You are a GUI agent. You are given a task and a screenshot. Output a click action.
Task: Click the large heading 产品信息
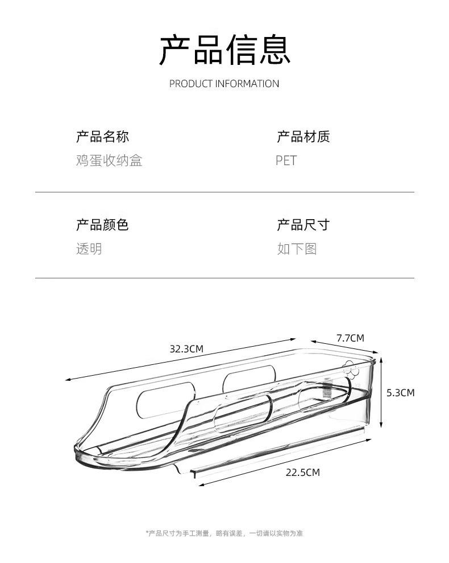224,50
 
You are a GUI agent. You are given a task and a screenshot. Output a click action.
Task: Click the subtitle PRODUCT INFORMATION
224,84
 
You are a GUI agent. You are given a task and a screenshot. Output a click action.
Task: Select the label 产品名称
102,137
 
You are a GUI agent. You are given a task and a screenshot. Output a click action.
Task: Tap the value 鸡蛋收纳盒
109,161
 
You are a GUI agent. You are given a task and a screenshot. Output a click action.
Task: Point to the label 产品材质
303,137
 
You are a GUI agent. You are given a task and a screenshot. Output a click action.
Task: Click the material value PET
286,161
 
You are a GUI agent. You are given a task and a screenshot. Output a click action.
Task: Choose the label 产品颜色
102,225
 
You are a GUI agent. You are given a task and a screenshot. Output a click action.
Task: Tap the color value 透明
89,249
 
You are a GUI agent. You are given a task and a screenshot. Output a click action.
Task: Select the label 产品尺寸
303,225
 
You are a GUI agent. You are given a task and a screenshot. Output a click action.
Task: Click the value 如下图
297,249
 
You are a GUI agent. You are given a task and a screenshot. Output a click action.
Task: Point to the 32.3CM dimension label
186,349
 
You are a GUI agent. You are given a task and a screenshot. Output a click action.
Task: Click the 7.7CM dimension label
350,338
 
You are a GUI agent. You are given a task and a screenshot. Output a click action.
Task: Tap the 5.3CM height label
400,392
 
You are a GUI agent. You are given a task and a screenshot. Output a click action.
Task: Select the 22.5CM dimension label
302,472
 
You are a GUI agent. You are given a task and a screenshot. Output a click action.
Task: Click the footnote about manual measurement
224,533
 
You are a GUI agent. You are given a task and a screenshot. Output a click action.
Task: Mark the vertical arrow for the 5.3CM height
381,392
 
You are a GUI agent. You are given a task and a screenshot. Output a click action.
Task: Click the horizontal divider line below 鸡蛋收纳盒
224,192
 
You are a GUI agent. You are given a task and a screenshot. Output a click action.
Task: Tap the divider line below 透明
224,278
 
